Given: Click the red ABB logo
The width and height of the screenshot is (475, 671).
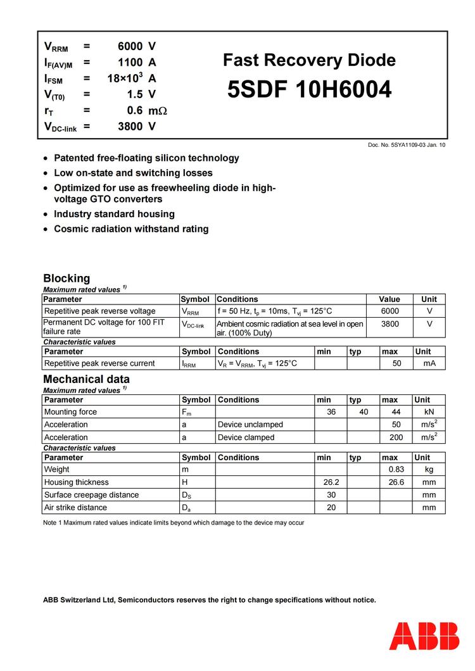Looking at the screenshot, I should [424, 636].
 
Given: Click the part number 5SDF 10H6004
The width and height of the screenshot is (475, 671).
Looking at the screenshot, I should [309, 91].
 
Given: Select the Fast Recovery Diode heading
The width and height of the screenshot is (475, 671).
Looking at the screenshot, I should [309, 61].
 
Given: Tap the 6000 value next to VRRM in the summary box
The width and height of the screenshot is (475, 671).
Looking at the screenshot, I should [130, 46].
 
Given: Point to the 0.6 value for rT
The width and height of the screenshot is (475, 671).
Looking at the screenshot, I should [134, 110].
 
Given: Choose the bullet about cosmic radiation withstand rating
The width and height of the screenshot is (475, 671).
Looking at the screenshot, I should [131, 229].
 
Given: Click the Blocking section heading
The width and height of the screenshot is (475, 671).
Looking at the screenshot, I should [66, 278].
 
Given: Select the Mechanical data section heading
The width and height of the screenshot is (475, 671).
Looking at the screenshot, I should [86, 379].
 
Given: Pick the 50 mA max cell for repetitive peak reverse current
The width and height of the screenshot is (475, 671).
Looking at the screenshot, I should [397, 363].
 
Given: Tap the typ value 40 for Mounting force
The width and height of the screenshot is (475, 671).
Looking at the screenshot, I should [364, 412].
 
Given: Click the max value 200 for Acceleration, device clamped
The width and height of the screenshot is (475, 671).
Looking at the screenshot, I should [397, 437].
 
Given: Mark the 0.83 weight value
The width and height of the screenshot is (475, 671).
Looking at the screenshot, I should [397, 470].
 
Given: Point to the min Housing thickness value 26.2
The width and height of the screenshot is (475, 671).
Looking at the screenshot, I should [331, 482].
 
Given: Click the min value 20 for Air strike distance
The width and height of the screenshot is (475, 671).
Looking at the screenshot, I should [331, 508].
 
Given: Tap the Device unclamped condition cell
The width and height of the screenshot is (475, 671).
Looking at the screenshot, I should [250, 425].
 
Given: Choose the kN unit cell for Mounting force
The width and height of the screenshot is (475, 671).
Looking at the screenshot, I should [429, 412].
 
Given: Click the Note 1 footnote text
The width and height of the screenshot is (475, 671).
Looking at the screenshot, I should [174, 523].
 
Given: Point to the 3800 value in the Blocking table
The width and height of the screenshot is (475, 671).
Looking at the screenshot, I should [389, 323].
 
